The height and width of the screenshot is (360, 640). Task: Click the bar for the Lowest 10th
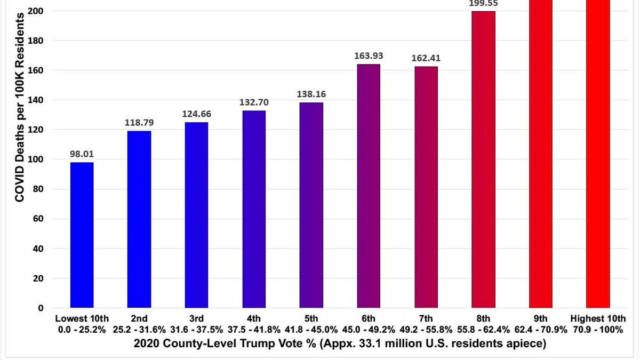(x=82, y=235)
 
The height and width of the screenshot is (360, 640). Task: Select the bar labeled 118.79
(x=139, y=219)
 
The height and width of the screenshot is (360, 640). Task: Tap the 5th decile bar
(x=311, y=205)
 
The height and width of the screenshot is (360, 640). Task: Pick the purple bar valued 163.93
(x=369, y=186)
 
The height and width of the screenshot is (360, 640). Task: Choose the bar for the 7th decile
(x=426, y=187)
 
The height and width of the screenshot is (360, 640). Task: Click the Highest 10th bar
(x=598, y=154)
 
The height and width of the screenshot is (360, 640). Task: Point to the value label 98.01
(x=82, y=154)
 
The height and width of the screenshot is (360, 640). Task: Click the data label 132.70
(x=254, y=102)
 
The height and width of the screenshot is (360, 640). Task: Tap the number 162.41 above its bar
(x=426, y=58)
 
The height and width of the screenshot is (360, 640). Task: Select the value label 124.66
(x=197, y=114)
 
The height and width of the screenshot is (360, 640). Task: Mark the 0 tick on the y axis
(x=41, y=308)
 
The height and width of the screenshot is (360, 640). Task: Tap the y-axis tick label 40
(x=38, y=249)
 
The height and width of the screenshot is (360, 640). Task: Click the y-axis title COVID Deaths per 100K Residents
(x=19, y=108)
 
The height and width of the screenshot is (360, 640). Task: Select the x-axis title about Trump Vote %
(x=340, y=343)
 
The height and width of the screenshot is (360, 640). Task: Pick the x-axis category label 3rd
(x=197, y=318)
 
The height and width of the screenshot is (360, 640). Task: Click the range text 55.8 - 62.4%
(x=483, y=330)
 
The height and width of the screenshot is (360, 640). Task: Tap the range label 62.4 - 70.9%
(x=541, y=330)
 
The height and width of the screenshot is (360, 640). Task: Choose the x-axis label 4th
(x=254, y=318)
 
